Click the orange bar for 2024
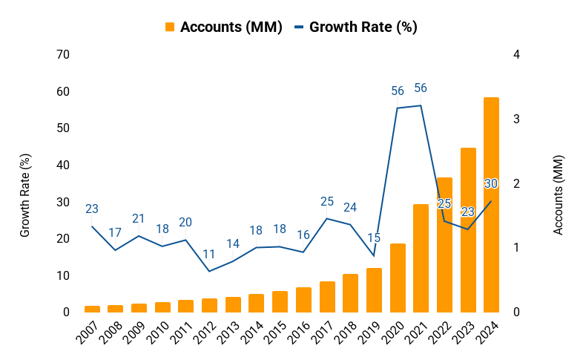click(x=491, y=205)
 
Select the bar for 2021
click(x=421, y=258)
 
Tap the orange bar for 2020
click(x=398, y=278)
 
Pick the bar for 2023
click(x=468, y=230)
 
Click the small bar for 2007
click(x=92, y=309)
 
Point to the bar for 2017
click(x=327, y=297)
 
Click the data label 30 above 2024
click(x=491, y=183)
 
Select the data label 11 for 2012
click(x=209, y=254)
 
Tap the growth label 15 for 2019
click(x=374, y=238)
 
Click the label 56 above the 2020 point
click(x=398, y=91)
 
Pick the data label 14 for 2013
click(x=233, y=243)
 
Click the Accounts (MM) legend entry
click(x=223, y=27)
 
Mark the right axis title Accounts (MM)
click(x=559, y=195)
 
